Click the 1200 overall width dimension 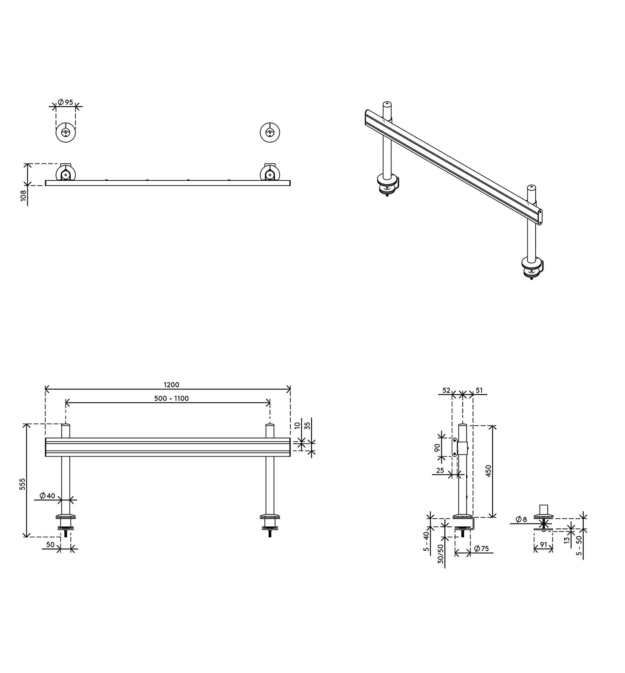[171, 385]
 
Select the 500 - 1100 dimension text [171, 399]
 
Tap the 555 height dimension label [23, 484]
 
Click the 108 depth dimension [23, 196]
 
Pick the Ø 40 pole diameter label [47, 496]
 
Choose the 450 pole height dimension [488, 471]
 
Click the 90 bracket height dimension [438, 447]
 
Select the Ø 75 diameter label [481, 549]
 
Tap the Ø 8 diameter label [521, 519]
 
